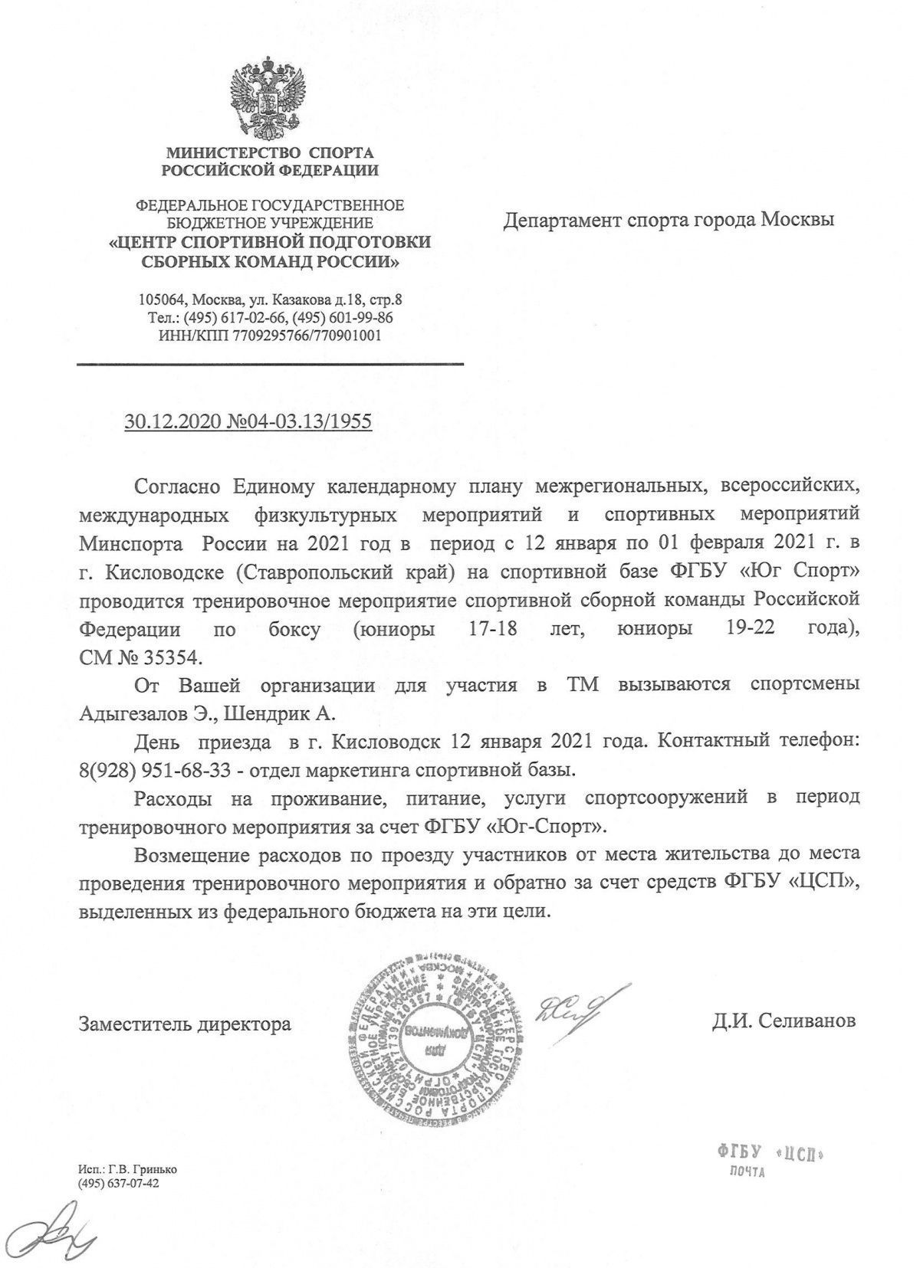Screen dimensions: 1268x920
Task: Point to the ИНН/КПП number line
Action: [x=268, y=335]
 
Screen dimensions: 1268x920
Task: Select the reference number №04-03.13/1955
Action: [x=295, y=421]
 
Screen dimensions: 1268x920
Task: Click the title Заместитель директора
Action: [x=185, y=1024]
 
